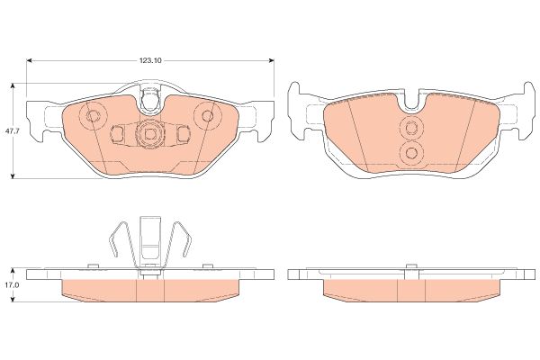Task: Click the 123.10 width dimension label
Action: pyautogui.click(x=150, y=60)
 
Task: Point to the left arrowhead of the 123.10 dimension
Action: pyautogui.click(x=30, y=60)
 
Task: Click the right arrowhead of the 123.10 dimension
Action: pyautogui.click(x=272, y=60)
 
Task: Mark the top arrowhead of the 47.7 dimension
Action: pyautogui.click(x=13, y=85)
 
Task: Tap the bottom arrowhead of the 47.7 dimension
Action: pyautogui.click(x=13, y=175)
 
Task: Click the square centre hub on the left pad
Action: pyautogui.click(x=149, y=134)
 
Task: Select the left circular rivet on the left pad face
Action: pyautogui.click(x=92, y=116)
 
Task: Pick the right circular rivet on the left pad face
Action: pyautogui.click(x=207, y=115)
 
